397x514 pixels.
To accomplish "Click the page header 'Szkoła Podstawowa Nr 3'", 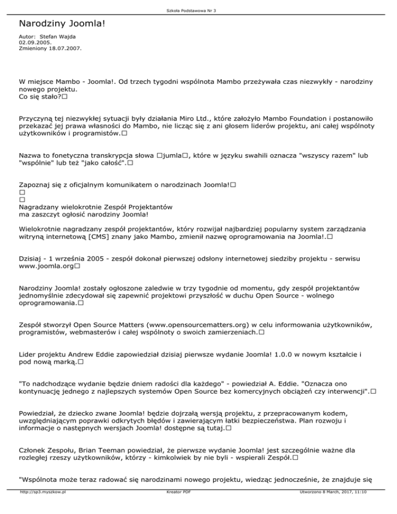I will [198, 11].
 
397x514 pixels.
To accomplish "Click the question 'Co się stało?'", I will [40, 97].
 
